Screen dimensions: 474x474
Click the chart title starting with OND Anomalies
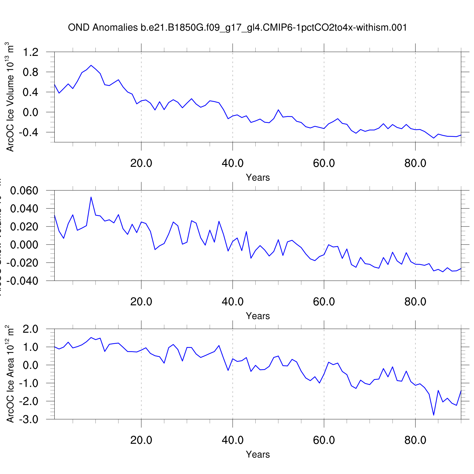(237, 28)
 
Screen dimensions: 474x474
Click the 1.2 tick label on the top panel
(31, 52)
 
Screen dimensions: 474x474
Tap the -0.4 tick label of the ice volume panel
(28, 132)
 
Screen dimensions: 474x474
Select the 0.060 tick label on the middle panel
(24, 191)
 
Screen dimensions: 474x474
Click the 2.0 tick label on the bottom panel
(31, 329)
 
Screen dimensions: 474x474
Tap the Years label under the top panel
(258, 178)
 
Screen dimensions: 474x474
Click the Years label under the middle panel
(258, 316)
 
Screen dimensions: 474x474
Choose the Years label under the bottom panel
(258, 454)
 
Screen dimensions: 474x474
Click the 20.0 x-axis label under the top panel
(141, 163)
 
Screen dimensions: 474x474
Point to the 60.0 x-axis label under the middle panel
(324, 302)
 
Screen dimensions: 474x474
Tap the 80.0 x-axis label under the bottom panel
(415, 440)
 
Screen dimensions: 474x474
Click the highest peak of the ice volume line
(91, 65)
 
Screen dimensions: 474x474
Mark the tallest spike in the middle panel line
(91, 197)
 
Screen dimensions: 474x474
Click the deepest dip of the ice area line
(434, 415)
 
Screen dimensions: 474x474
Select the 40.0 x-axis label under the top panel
(233, 163)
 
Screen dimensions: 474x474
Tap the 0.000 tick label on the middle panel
(24, 245)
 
